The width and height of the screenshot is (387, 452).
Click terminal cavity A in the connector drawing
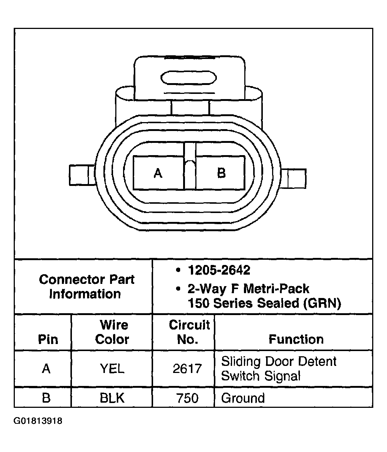click(158, 173)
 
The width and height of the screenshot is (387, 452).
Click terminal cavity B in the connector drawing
click(221, 173)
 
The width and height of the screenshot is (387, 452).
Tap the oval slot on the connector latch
click(189, 78)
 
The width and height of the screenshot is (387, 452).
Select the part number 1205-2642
click(219, 270)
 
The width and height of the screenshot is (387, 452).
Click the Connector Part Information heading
click(86, 286)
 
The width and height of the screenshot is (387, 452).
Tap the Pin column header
click(48, 339)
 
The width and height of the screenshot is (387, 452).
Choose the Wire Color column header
click(113, 332)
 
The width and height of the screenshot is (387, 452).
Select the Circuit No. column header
click(189, 332)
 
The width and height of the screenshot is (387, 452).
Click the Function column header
click(296, 339)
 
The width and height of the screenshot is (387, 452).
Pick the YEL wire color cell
click(112, 369)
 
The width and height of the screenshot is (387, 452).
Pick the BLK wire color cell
click(112, 398)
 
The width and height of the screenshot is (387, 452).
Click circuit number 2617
click(187, 369)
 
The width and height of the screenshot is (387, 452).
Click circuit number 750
click(187, 398)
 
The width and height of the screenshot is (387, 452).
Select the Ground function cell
click(243, 398)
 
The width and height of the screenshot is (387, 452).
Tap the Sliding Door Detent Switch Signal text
click(278, 369)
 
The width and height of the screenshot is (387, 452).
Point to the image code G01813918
click(38, 421)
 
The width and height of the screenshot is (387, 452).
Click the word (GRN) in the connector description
click(321, 303)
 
